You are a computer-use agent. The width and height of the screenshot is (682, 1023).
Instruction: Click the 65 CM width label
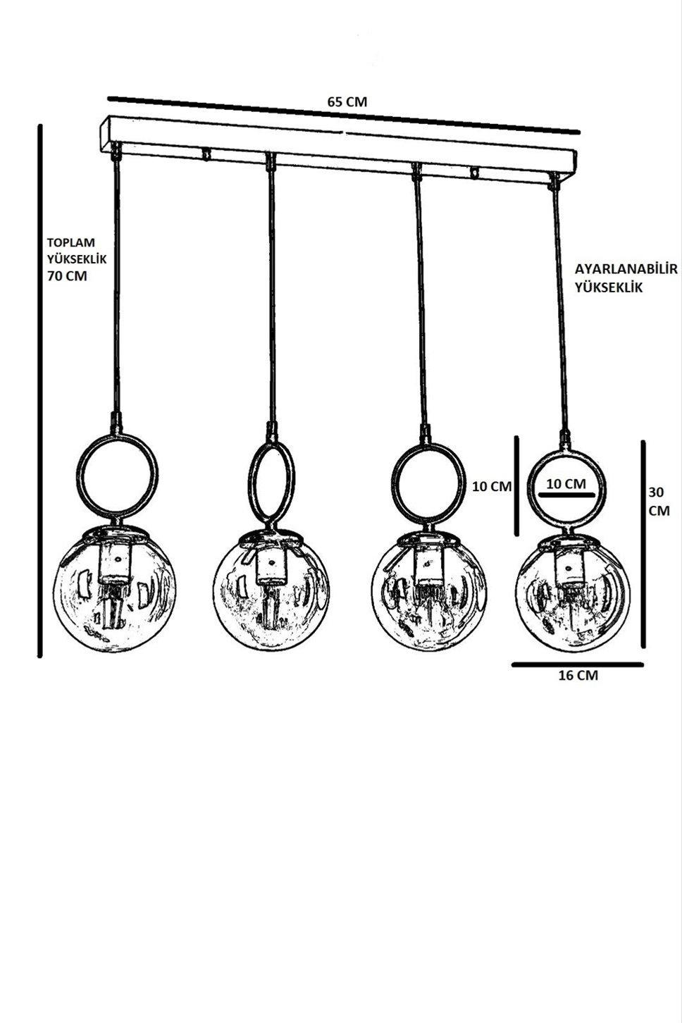pos(347,102)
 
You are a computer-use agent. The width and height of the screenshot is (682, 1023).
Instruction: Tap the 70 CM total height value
pos(67,276)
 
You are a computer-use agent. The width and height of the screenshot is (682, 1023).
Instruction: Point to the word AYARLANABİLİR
pos(626,269)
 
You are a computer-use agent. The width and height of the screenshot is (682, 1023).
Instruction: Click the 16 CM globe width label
pos(578,676)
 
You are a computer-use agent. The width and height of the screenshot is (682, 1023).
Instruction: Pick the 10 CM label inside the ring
pos(566,483)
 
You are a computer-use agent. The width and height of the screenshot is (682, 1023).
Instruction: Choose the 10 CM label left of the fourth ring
pos(492,487)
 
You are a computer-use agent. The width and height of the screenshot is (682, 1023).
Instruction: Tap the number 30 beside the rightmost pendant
pos(657,492)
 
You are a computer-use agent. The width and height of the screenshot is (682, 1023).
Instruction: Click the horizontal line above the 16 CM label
pos(578,665)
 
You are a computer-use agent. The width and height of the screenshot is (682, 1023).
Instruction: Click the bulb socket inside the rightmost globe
pos(569,569)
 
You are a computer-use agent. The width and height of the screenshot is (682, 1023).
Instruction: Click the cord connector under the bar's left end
pos(116,151)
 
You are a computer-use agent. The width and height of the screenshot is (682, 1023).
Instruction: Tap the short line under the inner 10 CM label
pos(566,495)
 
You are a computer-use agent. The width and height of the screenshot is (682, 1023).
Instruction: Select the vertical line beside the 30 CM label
pos(643,544)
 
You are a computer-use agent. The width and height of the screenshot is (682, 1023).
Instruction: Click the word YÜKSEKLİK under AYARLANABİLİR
pos(609,287)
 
